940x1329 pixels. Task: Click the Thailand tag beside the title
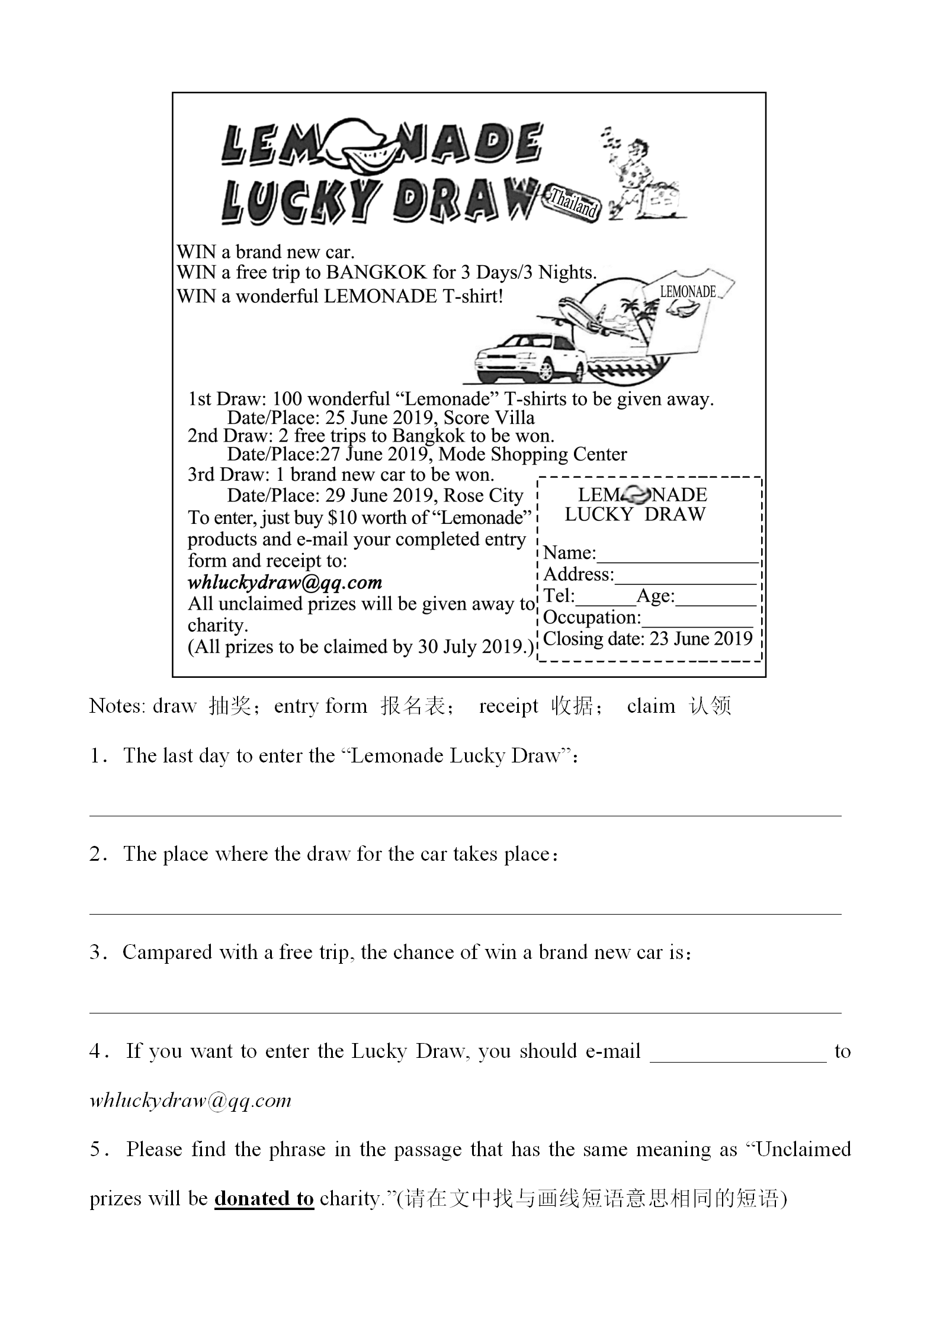coord(574,202)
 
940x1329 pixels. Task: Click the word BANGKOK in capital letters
coord(377,272)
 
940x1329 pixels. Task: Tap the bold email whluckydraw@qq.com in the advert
coord(285,583)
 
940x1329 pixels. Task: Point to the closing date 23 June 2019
coord(701,639)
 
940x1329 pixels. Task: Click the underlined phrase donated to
coord(264,1199)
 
